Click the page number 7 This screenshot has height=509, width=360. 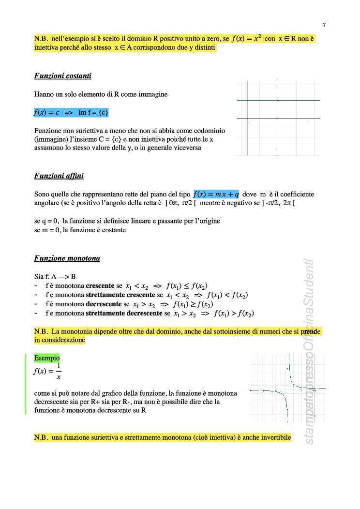coord(324,25)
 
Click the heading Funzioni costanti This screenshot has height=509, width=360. coord(63,76)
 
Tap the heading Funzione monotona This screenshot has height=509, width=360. coord(67,258)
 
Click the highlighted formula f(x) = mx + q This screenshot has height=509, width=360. coord(216,195)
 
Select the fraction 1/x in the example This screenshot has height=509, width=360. coord(59,371)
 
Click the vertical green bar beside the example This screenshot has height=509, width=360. coord(26,384)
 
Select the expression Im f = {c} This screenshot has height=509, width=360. coord(93,113)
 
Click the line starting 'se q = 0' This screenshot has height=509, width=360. coord(127,221)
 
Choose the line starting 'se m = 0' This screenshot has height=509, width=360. coord(80,230)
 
